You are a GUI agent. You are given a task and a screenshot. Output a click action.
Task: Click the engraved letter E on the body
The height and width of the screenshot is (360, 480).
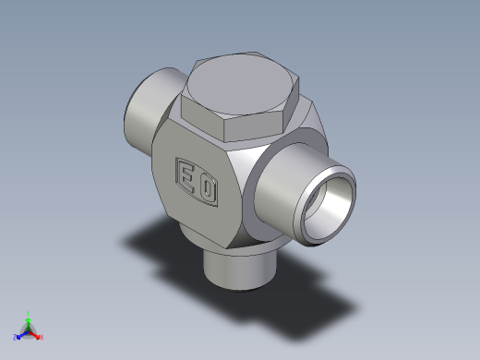(187, 179)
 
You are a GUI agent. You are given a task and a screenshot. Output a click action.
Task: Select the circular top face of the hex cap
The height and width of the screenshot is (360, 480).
(240, 84)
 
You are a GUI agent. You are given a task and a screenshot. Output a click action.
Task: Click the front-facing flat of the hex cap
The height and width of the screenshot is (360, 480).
(253, 126)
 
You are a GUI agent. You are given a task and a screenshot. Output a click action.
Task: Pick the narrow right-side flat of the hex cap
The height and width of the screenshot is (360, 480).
(291, 104)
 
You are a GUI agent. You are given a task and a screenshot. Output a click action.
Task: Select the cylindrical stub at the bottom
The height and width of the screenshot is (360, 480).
(240, 270)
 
